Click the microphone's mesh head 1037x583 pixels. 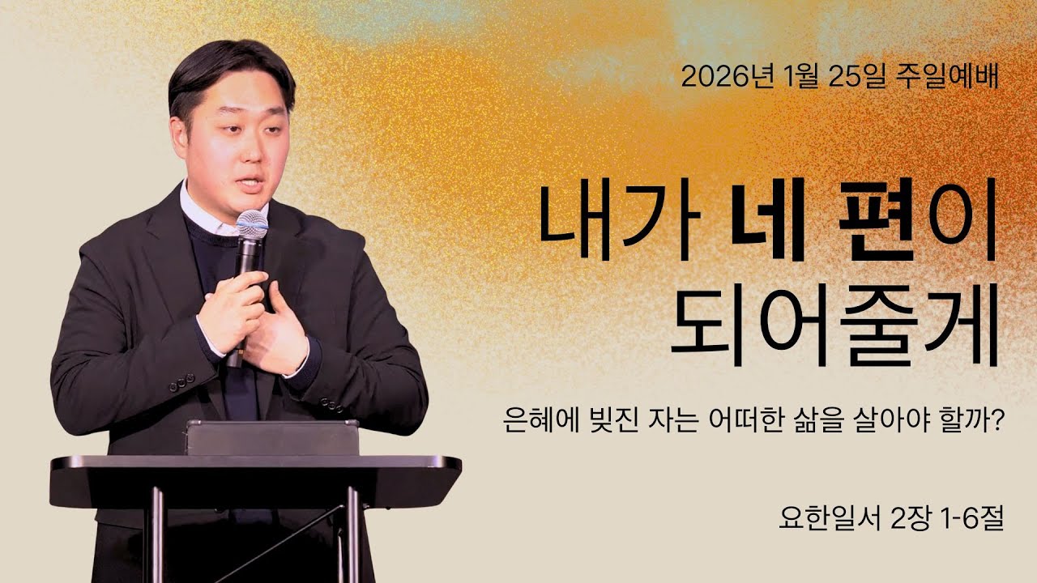(x=253, y=224)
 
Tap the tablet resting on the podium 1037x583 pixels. (x=272, y=437)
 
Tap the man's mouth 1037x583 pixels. (x=249, y=181)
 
